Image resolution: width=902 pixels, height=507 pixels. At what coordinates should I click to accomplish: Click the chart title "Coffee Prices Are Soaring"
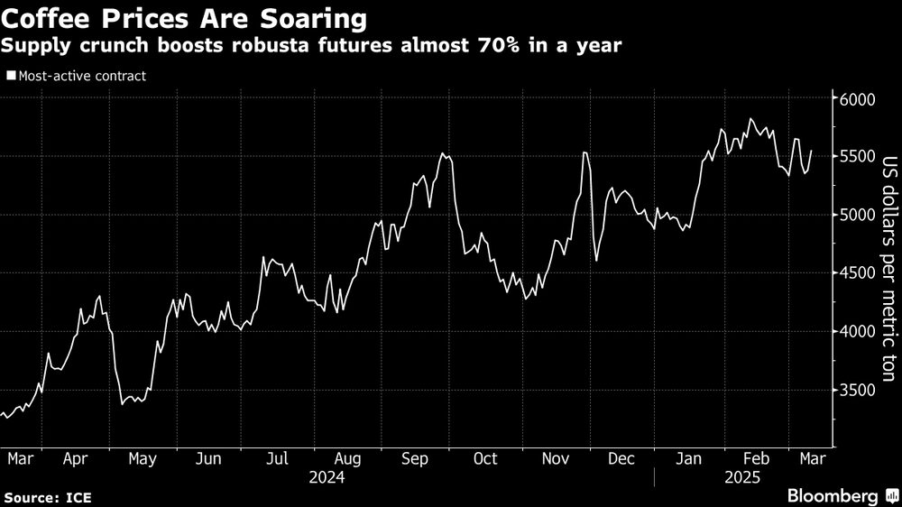(185, 18)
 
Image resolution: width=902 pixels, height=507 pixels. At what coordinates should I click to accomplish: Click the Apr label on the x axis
(78, 458)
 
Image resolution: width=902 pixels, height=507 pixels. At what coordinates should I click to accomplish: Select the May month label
(143, 458)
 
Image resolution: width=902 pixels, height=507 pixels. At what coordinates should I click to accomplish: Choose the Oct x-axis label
(485, 458)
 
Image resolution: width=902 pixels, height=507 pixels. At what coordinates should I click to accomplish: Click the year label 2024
(327, 476)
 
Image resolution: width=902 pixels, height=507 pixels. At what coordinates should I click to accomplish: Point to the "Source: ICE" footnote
(47, 497)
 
